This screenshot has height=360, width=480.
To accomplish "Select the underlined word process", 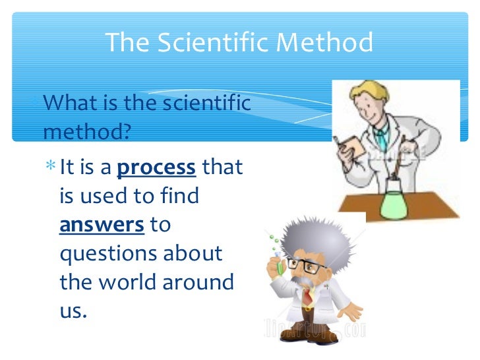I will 156,167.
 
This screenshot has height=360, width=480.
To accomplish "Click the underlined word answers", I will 102,225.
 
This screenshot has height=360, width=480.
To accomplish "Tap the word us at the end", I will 73,311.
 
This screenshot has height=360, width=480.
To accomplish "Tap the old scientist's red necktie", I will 308,297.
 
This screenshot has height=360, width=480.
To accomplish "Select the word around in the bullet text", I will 200,282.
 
